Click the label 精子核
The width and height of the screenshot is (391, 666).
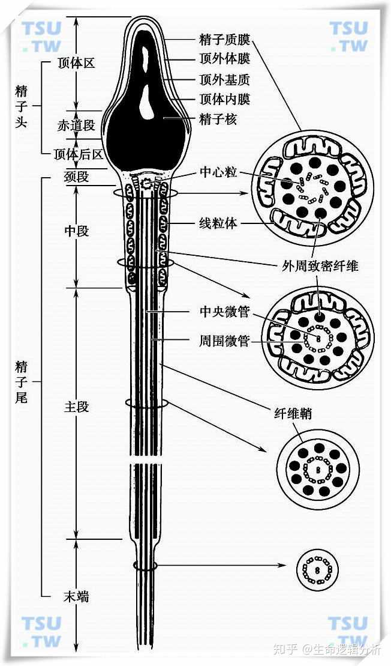(218, 119)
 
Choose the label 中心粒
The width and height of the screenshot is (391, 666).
(218, 173)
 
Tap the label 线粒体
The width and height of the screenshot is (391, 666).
(218, 223)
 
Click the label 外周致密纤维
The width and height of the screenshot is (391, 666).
(320, 265)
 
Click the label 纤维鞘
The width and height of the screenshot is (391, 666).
(293, 413)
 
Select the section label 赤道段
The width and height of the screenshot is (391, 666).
(76, 125)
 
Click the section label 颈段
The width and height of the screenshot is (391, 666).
(76, 177)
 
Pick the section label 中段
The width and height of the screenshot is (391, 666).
(76, 231)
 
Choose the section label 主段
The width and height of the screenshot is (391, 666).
(76, 407)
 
